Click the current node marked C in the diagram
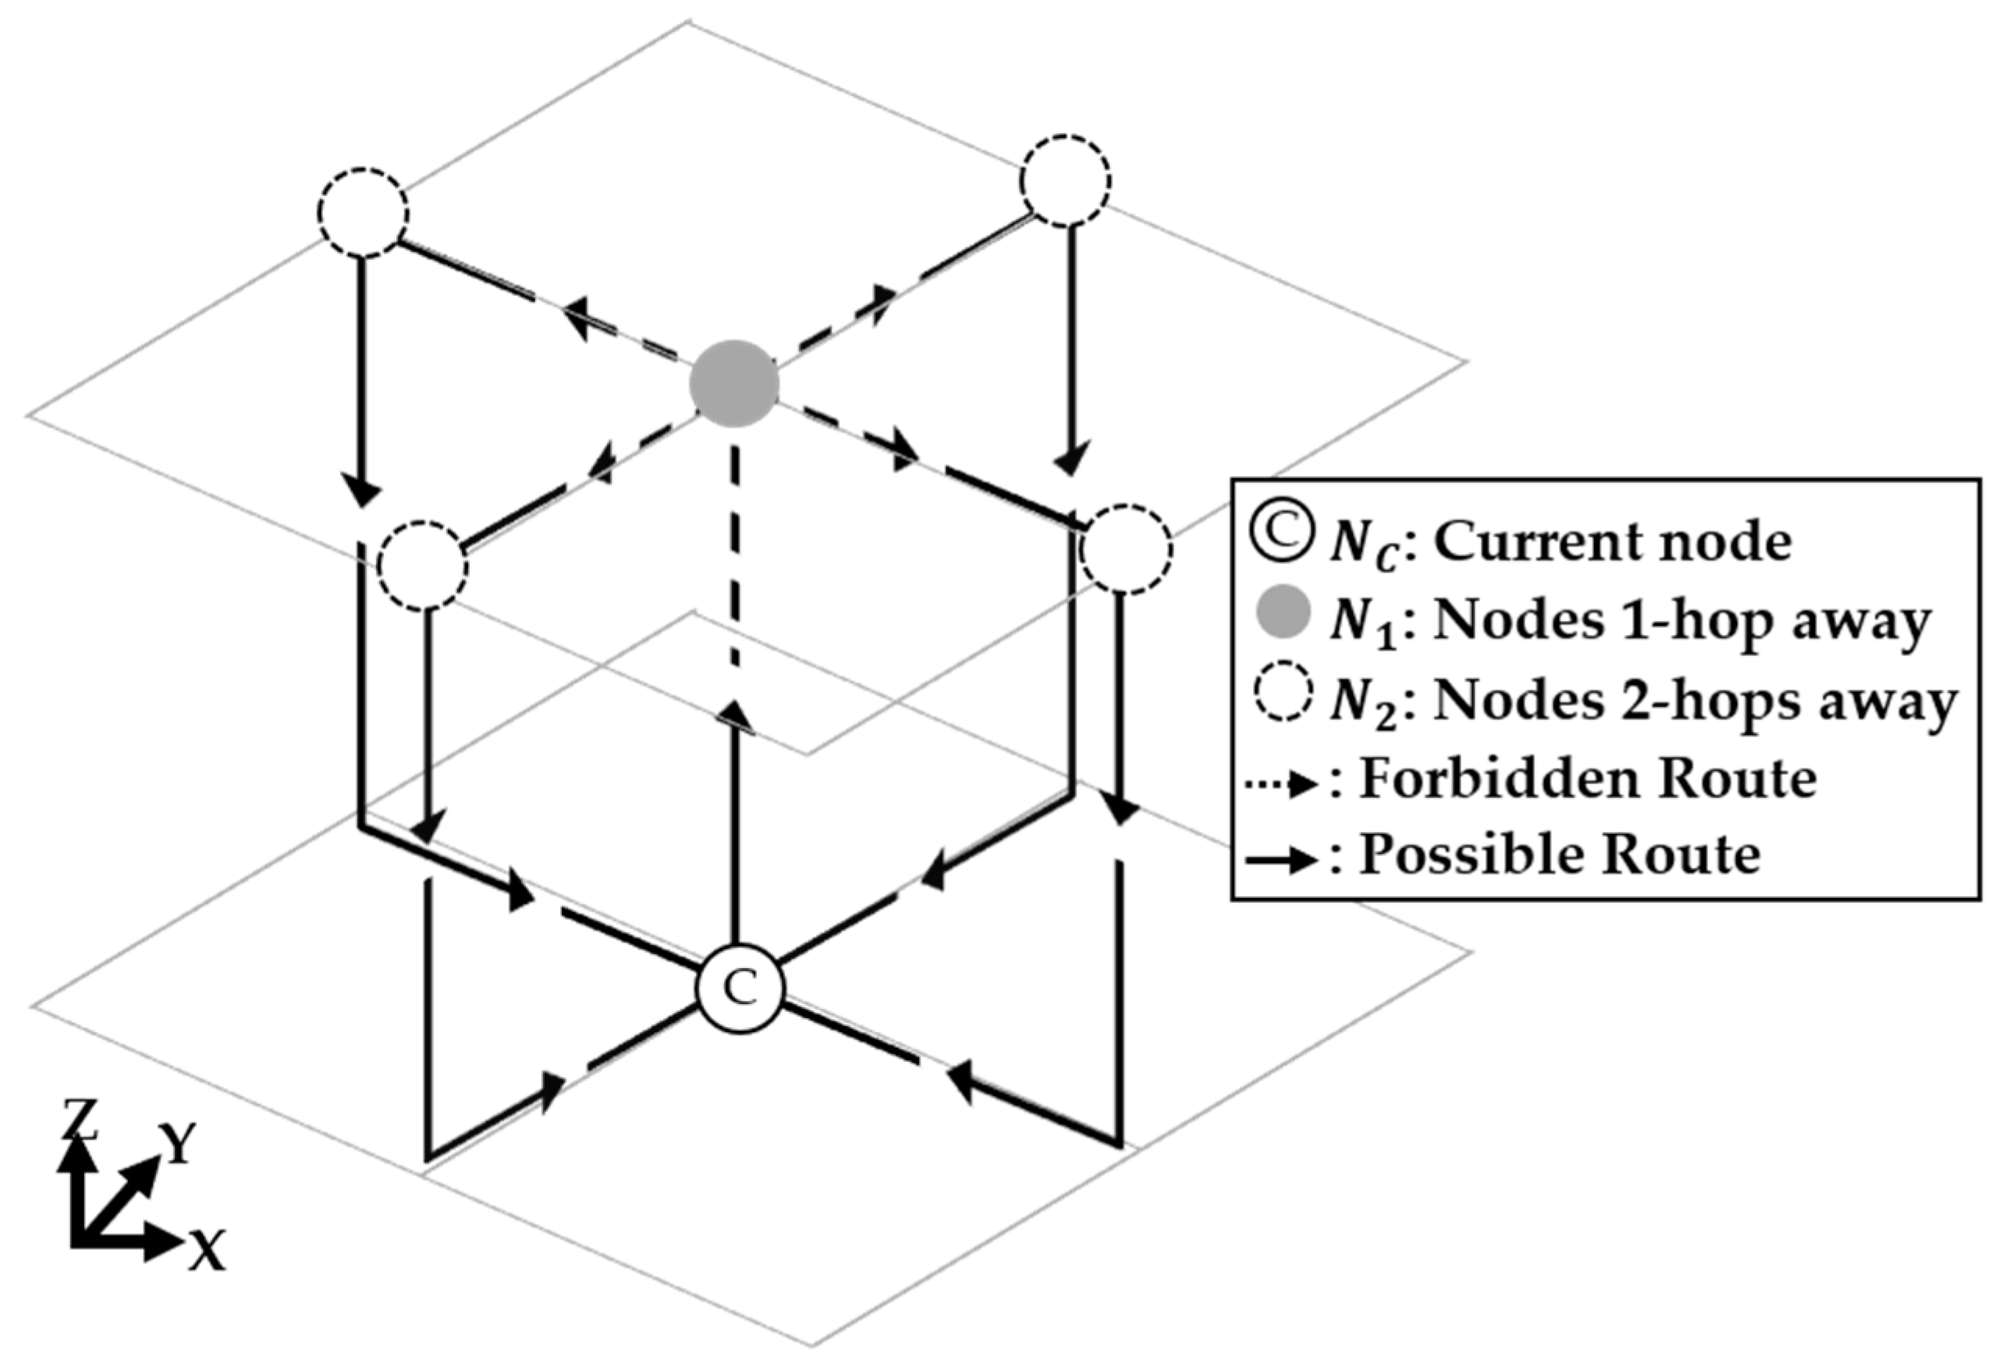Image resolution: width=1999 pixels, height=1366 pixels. click(x=740, y=989)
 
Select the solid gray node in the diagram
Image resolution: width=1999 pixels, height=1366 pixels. click(x=734, y=384)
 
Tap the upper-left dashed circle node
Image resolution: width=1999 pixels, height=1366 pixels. click(x=362, y=212)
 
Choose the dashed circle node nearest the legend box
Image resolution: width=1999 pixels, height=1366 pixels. click(x=1126, y=548)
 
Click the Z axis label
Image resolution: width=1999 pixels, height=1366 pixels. click(x=79, y=1120)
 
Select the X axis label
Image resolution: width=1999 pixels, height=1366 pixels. click(x=208, y=1250)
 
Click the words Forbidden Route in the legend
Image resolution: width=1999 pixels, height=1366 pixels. click(x=1588, y=779)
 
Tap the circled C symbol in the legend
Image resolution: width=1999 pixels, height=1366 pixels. click(x=1283, y=534)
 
